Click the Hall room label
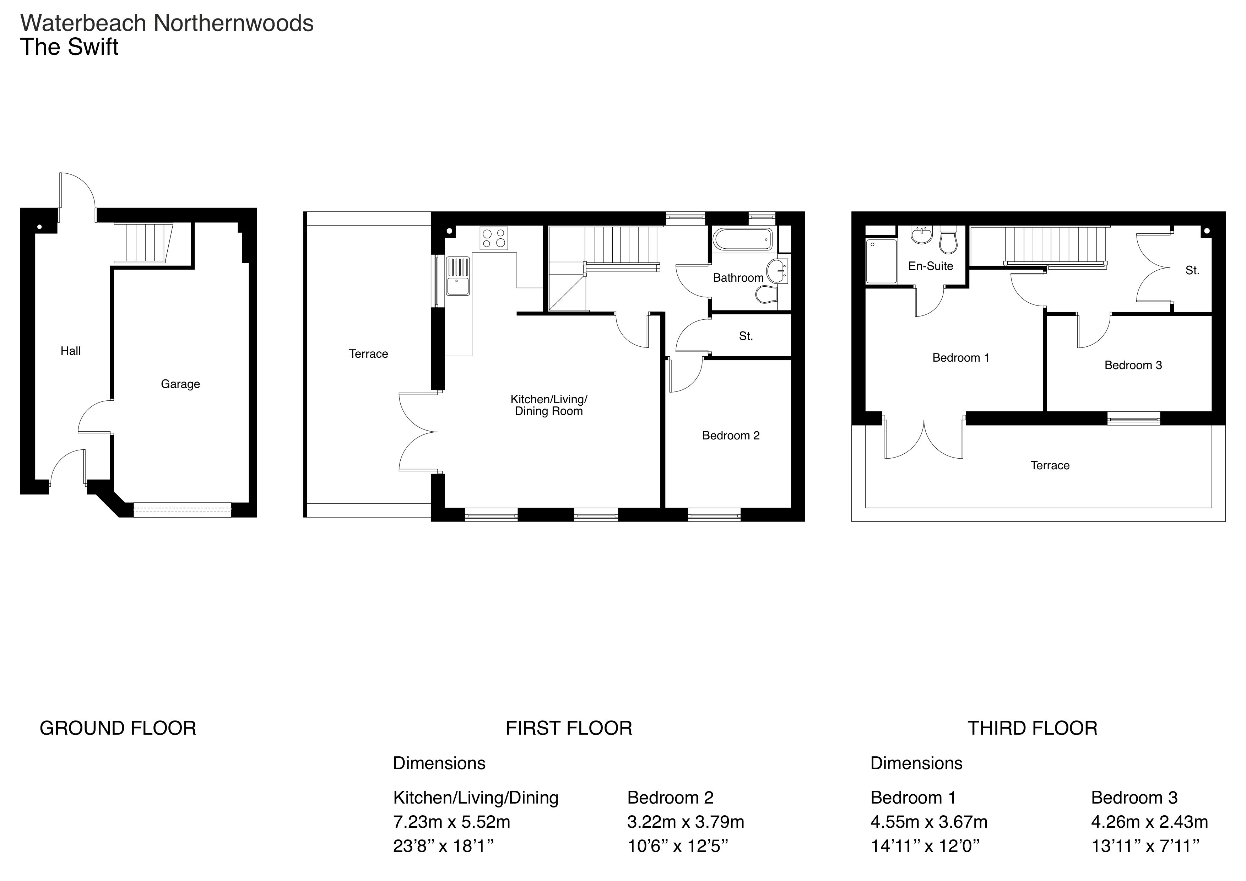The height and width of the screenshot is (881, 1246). click(71, 351)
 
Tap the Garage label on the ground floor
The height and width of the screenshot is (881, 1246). click(180, 384)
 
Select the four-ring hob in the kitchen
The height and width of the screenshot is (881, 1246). click(494, 238)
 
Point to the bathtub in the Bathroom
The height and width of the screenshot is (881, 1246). click(742, 239)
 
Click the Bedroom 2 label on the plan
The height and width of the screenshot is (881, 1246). click(731, 435)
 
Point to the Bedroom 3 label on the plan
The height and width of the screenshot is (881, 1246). click(1133, 365)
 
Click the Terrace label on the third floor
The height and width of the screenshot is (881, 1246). click(1050, 465)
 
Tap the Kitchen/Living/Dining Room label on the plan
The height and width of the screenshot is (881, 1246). click(549, 405)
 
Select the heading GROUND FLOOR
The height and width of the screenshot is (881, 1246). click(118, 728)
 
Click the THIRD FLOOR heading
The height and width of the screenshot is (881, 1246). click(1032, 728)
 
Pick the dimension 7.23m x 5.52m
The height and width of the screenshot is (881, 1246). click(451, 822)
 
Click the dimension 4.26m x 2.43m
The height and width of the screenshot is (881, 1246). click(1149, 822)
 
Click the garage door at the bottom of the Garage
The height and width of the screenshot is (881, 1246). click(182, 510)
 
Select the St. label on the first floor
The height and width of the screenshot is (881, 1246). click(746, 336)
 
